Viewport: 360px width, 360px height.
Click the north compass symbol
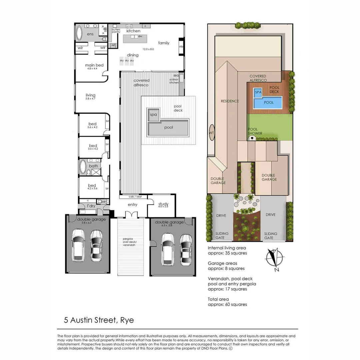(x=275, y=258)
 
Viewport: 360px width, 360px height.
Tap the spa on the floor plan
(x=153, y=115)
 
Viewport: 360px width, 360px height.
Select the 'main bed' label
(x=94, y=65)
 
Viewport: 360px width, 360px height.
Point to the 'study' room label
(x=163, y=204)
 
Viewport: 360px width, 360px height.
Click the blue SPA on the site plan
(x=258, y=93)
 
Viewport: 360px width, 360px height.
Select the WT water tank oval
(x=211, y=132)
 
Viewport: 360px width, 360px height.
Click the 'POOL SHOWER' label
(x=255, y=131)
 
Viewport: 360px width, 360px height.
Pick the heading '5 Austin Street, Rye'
(x=99, y=320)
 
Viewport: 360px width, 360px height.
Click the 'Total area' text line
(x=218, y=299)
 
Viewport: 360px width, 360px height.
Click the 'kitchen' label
(x=133, y=31)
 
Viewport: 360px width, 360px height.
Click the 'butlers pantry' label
(x=116, y=30)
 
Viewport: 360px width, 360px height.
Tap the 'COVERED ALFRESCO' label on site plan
(x=263, y=78)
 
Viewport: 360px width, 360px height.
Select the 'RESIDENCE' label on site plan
(x=230, y=101)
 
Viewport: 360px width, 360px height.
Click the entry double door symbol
(x=131, y=214)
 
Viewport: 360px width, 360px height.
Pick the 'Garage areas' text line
(x=222, y=263)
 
